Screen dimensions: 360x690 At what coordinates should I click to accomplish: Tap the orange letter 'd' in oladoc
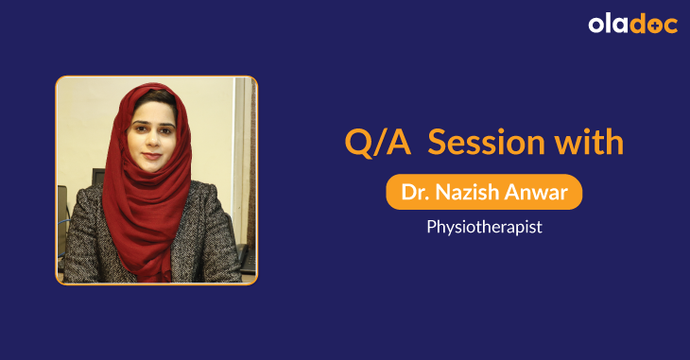pos(640,25)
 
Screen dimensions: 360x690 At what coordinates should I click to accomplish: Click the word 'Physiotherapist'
pos(484,228)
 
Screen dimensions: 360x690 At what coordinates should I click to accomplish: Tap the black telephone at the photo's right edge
pos(247,255)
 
